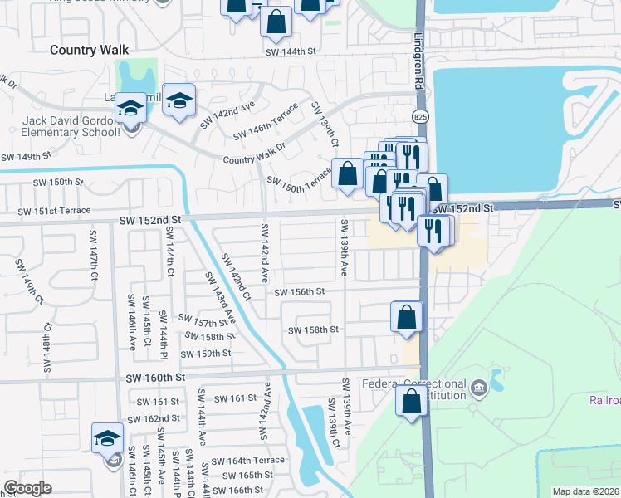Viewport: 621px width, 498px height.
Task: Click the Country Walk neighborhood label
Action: [89, 50]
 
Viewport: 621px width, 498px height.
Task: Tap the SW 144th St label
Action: [291, 51]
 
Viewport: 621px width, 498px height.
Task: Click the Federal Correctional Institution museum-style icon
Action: [478, 388]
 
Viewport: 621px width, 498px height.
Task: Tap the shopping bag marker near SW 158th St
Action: [407, 317]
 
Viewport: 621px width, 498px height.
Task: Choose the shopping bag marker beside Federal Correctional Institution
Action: [412, 402]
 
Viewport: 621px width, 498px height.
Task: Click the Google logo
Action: [27, 488]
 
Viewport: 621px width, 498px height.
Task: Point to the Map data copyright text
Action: [585, 491]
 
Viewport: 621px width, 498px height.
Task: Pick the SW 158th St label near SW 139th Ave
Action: [313, 330]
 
